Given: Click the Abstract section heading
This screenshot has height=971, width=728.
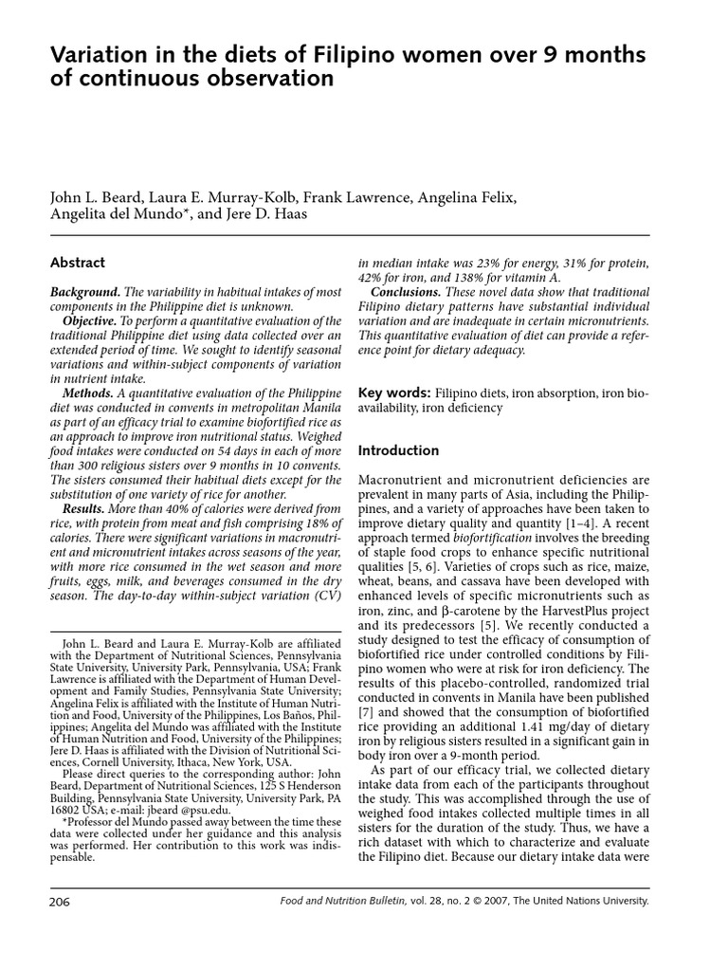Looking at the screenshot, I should (x=77, y=263).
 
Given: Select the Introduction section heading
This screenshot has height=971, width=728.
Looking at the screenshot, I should (x=398, y=450).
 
